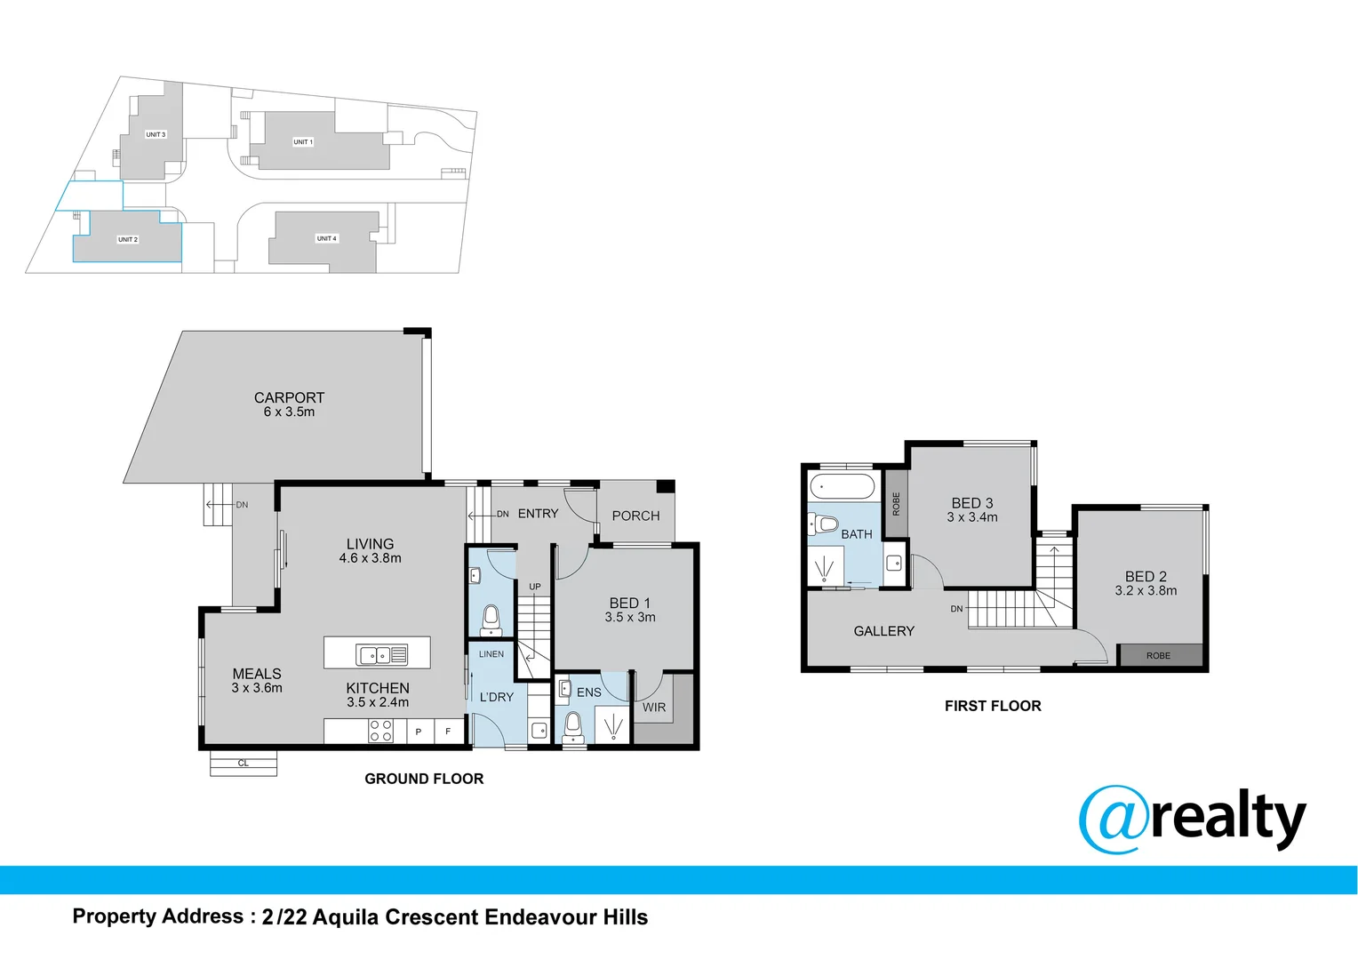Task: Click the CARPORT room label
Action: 289,398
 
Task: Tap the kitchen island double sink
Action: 381,655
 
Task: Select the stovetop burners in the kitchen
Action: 380,731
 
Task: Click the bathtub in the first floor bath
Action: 843,487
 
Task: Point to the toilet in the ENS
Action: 573,725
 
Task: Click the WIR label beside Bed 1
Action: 654,708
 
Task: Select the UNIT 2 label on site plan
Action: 128,240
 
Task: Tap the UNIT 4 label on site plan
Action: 327,238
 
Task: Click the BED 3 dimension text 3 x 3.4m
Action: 972,517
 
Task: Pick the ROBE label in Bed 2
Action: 1158,656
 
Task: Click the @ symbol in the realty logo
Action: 1113,819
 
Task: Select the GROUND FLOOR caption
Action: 424,779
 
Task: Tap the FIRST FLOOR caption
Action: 993,706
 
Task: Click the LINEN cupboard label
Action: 491,654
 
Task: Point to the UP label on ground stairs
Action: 535,587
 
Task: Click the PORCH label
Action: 635,516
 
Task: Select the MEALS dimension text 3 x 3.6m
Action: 257,688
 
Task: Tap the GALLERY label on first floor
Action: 883,631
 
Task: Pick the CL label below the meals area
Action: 244,764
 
